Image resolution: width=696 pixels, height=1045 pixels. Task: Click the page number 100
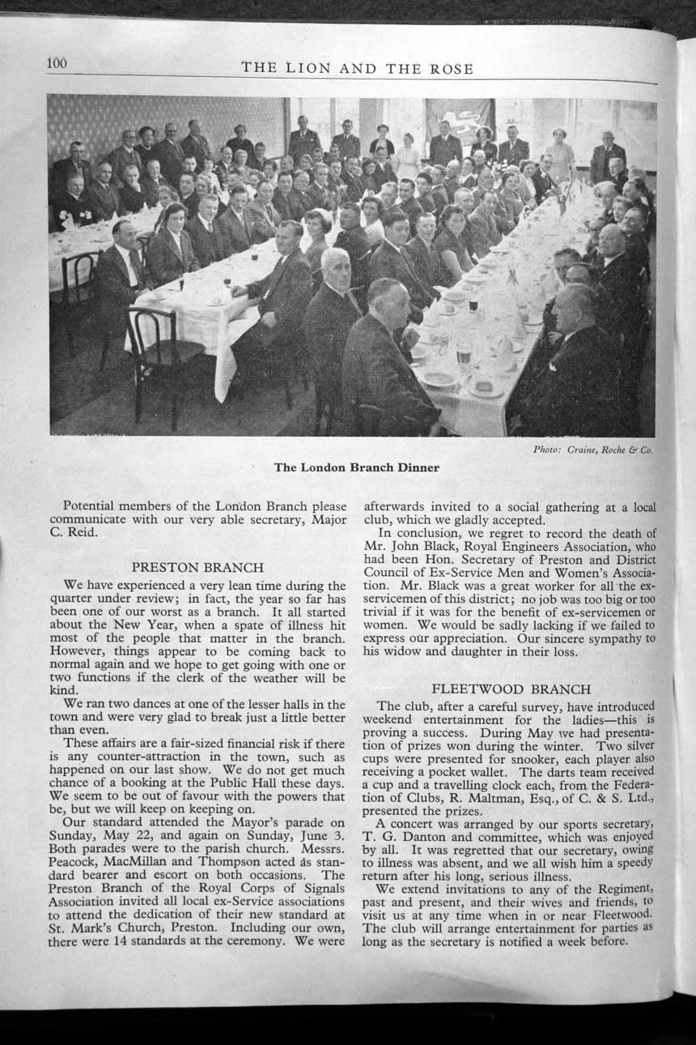coord(57,64)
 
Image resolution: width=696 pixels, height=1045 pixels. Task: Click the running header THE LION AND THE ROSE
coord(357,69)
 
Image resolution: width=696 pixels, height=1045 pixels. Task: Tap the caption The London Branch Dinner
coord(357,467)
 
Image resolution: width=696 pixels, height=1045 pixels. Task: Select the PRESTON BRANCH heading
coord(197,567)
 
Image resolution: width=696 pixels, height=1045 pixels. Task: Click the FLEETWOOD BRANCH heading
coord(511,689)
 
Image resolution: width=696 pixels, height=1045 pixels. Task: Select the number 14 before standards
coord(164,940)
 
